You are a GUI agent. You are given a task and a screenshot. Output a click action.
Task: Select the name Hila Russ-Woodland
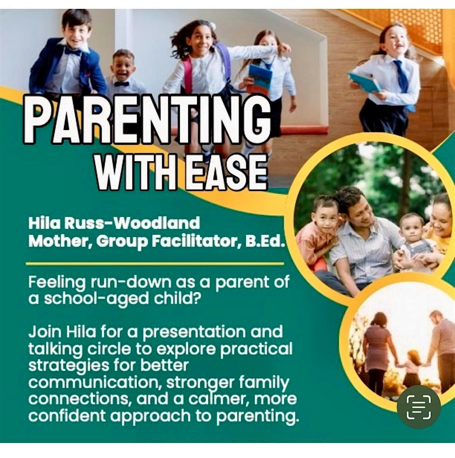[x=114, y=223]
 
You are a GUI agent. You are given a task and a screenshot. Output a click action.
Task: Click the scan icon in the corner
[x=419, y=407]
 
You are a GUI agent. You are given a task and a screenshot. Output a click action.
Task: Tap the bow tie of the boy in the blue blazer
[x=73, y=51]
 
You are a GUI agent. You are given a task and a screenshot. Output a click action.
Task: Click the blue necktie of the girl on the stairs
[x=402, y=78]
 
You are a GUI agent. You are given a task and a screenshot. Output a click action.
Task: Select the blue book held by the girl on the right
[x=364, y=83]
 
